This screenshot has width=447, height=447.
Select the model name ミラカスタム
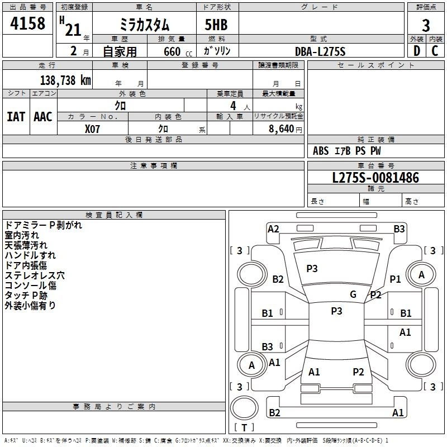pos(145,25)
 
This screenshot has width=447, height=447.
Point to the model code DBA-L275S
pos(320,51)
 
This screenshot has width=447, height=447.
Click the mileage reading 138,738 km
pos(65,80)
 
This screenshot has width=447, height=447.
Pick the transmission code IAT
pos(16,117)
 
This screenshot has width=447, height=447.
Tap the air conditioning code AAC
pos(43,117)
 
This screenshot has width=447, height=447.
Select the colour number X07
pos(92,129)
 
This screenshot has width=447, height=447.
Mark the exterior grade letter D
pos(416,51)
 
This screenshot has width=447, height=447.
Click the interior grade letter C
pos(435,51)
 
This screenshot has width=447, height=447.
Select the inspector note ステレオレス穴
pos(35,275)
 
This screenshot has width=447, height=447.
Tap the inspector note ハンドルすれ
pos(30,255)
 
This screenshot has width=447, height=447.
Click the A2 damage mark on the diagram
pos(273,229)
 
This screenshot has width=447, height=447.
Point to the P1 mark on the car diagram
pos(396,279)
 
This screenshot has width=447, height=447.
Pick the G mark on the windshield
pos(353,294)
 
